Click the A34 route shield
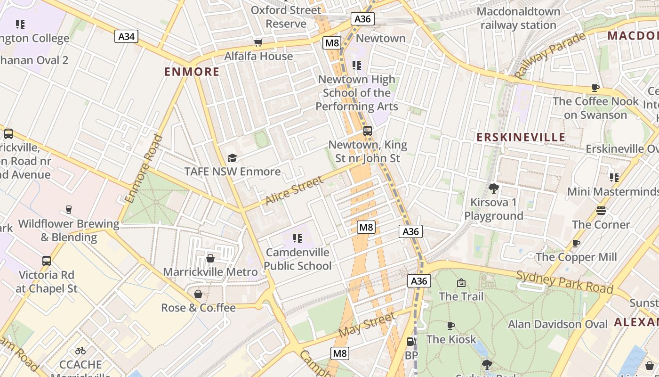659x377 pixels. [x=126, y=36]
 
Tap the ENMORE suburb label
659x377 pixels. [x=192, y=72]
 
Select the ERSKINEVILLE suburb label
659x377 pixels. [x=521, y=137]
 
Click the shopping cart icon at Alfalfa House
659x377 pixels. [x=258, y=43]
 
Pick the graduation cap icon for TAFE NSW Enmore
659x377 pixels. [x=232, y=158]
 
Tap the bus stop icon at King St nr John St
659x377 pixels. [x=367, y=131]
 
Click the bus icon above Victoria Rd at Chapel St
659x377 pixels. [x=47, y=261]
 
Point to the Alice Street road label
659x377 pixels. [x=294, y=190]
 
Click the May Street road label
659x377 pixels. [x=366, y=324]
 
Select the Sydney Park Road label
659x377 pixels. [x=564, y=282]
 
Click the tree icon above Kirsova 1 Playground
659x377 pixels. [x=493, y=188]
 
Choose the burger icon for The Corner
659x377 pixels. [x=601, y=210]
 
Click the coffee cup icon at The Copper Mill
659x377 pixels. [x=576, y=243]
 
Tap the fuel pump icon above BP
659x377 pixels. [x=411, y=342]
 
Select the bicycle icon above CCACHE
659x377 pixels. [x=80, y=351]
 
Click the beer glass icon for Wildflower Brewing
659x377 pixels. [x=69, y=209]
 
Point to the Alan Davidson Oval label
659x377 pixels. [x=558, y=324]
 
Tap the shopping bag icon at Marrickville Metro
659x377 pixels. [x=210, y=258]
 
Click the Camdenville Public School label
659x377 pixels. [x=297, y=259]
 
